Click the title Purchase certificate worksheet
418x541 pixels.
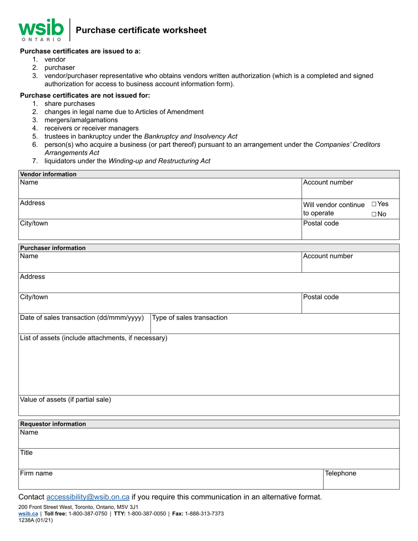[x=141, y=30]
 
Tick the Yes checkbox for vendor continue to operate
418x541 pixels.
[x=374, y=204]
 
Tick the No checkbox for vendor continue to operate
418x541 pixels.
[x=374, y=214]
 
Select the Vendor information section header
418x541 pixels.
[x=48, y=174]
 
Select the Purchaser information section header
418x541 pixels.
[x=53, y=248]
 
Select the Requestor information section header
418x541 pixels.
[x=53, y=424]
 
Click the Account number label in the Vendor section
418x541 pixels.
[x=328, y=182]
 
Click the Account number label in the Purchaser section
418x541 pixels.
[x=328, y=256]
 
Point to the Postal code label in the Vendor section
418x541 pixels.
[x=321, y=223]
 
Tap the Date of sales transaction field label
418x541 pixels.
[x=82, y=318]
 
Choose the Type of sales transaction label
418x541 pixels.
[x=190, y=318]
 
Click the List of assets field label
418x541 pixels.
[x=94, y=338]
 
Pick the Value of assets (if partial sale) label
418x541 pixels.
[x=66, y=399]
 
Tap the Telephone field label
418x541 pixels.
[x=340, y=473]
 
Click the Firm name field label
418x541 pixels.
[x=37, y=473]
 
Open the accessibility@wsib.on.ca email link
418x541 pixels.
[x=88, y=497]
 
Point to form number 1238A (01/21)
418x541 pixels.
[x=36, y=520]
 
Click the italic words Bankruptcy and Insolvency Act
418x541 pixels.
[x=191, y=136]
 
